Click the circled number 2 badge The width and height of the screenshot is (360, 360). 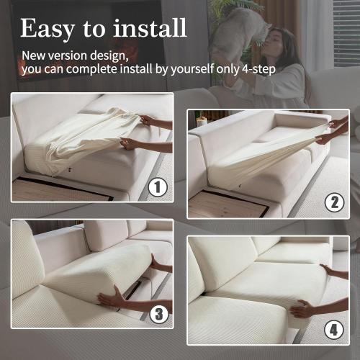333,202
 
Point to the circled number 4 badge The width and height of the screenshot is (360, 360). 333,332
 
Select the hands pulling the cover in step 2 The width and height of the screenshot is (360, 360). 331,130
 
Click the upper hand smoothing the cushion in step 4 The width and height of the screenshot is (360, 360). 333,272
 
